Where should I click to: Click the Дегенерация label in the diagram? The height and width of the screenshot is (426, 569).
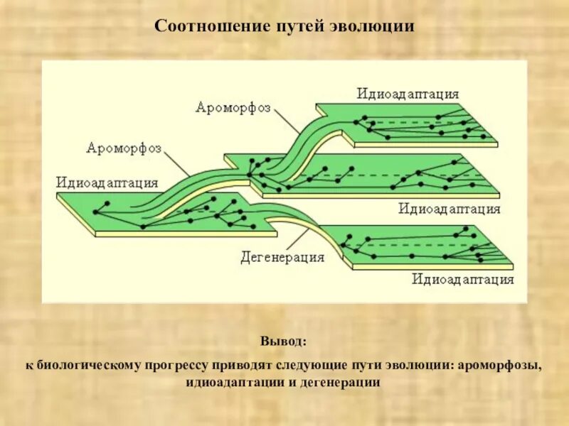[282, 257]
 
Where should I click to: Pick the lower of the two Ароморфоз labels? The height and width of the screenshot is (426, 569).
[124, 148]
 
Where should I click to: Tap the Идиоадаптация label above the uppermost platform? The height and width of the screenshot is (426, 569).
[408, 94]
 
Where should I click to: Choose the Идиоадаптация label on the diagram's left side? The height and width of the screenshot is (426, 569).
[107, 182]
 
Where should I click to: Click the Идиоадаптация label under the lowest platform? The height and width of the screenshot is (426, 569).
[462, 279]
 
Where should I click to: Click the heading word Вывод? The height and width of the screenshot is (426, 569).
[284, 343]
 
